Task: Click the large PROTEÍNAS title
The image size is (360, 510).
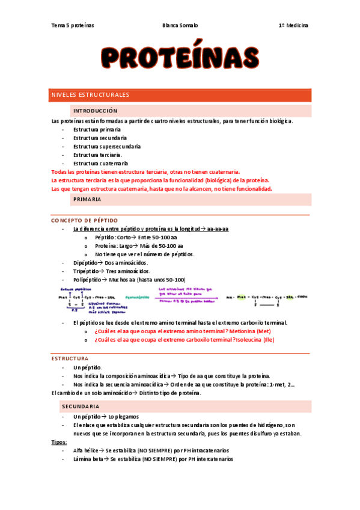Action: pyautogui.click(x=180, y=58)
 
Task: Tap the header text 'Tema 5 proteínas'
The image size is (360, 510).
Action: pyautogui.click(x=73, y=26)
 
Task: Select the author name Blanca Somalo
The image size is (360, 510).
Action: pyautogui.click(x=180, y=26)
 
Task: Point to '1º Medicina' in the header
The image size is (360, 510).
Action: pyautogui.click(x=293, y=26)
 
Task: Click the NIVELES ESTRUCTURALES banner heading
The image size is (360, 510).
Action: pyautogui.click(x=90, y=95)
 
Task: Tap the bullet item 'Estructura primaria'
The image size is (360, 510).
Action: pyautogui.click(x=97, y=129)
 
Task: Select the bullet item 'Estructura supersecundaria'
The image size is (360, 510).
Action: pyautogui.click(x=107, y=146)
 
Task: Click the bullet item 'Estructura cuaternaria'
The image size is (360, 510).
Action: pyautogui.click(x=100, y=163)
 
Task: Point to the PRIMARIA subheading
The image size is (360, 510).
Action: pyautogui.click(x=87, y=199)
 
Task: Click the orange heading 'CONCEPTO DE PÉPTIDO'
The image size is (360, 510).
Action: pyautogui.click(x=84, y=221)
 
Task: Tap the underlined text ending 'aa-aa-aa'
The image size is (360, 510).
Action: pyautogui.click(x=150, y=229)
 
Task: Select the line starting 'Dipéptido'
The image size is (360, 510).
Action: pyautogui.click(x=111, y=263)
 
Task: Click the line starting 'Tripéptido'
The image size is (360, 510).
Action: pyautogui.click(x=112, y=271)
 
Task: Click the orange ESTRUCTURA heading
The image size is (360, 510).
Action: pyautogui.click(x=70, y=358)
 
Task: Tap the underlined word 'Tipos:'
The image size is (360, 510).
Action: pyautogui.click(x=59, y=442)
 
